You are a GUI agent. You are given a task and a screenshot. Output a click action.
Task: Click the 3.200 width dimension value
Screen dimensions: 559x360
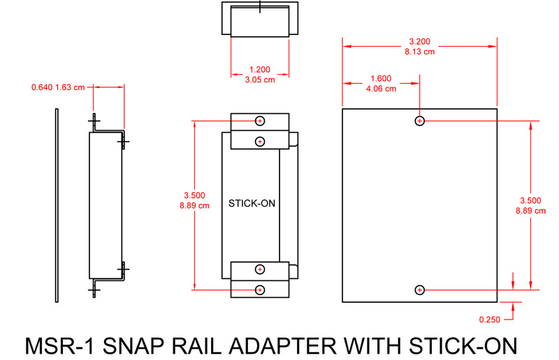420,41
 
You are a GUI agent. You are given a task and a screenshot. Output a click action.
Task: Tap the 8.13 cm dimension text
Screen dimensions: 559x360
420,52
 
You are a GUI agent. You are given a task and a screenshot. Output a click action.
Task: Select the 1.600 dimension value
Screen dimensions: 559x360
381,78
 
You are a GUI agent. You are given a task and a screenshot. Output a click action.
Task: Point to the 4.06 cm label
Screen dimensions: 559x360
381,89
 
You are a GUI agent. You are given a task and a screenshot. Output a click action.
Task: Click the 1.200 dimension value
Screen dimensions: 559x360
259,70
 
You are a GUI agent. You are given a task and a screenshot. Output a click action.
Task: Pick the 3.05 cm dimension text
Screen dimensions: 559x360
260,80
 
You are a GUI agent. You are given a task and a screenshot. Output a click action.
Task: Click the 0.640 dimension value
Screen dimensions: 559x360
42,87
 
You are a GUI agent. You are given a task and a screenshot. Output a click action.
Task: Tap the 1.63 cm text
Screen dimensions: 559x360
70,87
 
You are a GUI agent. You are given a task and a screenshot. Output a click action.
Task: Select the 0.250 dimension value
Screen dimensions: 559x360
490,319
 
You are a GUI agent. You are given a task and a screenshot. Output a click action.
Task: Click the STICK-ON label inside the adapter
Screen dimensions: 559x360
252,203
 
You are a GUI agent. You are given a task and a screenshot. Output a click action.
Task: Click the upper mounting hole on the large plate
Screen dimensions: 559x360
420,121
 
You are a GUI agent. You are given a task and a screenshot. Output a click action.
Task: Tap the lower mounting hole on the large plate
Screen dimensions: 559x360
420,290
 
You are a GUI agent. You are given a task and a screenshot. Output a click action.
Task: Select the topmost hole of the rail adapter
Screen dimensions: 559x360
260,121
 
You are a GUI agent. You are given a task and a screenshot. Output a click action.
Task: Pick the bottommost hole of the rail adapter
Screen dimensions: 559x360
260,290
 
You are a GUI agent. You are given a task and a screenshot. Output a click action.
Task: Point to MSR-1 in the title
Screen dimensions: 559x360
59,346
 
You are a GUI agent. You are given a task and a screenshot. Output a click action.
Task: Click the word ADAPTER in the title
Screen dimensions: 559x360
282,346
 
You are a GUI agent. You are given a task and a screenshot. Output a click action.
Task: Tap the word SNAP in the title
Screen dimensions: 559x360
133,346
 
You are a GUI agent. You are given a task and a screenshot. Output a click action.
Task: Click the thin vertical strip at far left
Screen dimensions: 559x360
57,206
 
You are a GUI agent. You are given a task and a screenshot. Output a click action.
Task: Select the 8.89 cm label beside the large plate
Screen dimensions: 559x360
530,211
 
